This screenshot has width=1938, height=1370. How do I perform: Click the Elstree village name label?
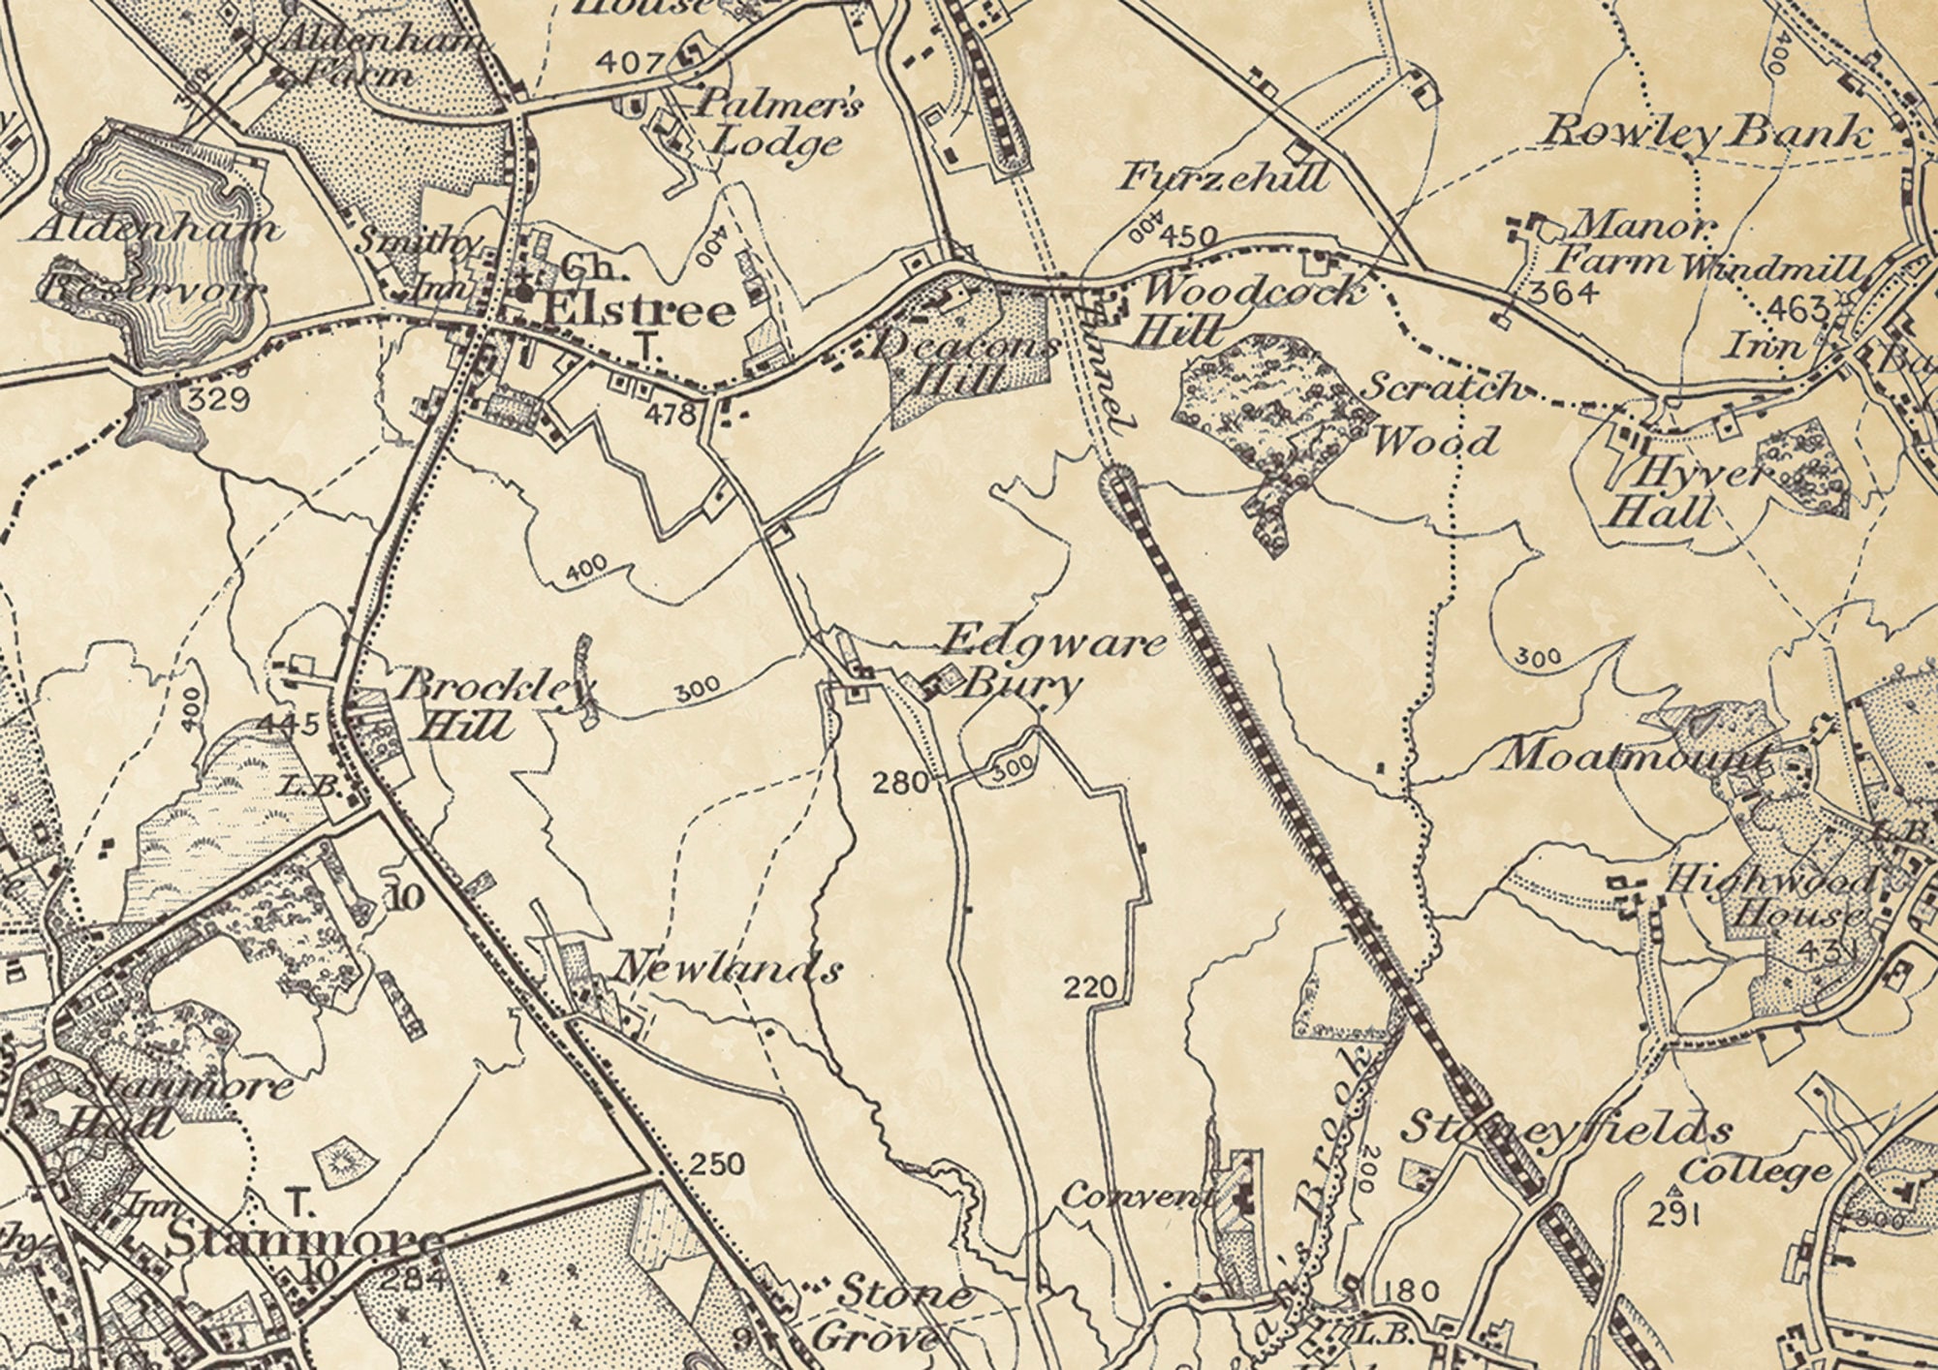[x=639, y=311]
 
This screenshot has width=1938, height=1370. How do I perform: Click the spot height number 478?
[x=674, y=415]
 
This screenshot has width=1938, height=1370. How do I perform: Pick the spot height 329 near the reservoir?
[x=220, y=398]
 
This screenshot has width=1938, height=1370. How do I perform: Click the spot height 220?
[x=1090, y=987]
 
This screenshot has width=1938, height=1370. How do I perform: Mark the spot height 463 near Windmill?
[x=1797, y=309]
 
